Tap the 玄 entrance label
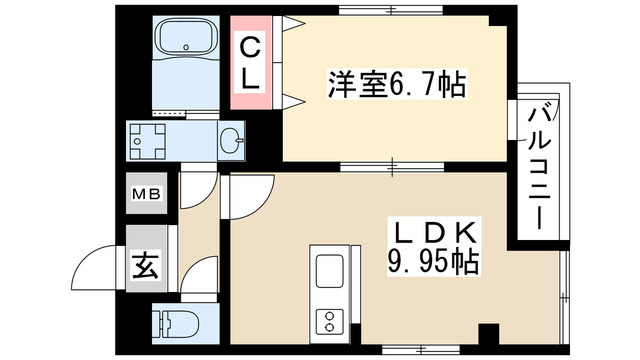click(146, 267)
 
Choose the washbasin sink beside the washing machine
click(231, 141)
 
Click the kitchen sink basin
click(328, 271)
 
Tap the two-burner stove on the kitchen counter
click(328, 322)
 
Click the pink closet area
click(252, 62)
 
